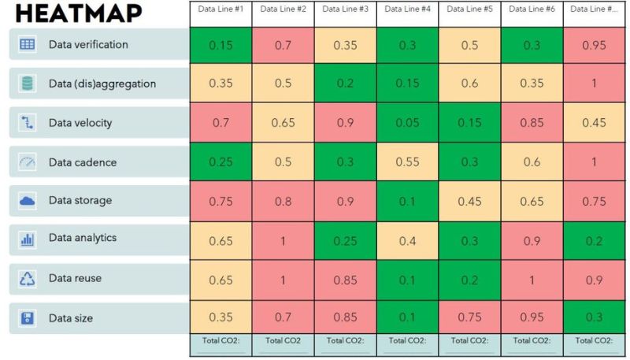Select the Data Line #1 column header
[x=220, y=9]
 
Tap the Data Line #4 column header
[x=407, y=9]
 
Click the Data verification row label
[x=88, y=44]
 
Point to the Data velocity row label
[x=80, y=122]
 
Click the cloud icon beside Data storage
[x=28, y=201]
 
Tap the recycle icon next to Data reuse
[x=28, y=278]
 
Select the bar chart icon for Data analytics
[x=28, y=239]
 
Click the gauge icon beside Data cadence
[x=28, y=162]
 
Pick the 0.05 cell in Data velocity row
[x=407, y=122]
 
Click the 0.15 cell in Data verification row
[x=220, y=46]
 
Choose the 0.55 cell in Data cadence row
[x=407, y=161]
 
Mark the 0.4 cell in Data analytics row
[x=407, y=240]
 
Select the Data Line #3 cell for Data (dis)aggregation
[x=345, y=84]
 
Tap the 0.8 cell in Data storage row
[x=283, y=201]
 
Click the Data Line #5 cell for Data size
[x=469, y=317]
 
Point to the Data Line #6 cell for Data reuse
[x=532, y=280]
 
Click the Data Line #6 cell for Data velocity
[x=532, y=122]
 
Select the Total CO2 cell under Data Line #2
[x=283, y=341]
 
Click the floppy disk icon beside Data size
[x=28, y=317]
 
